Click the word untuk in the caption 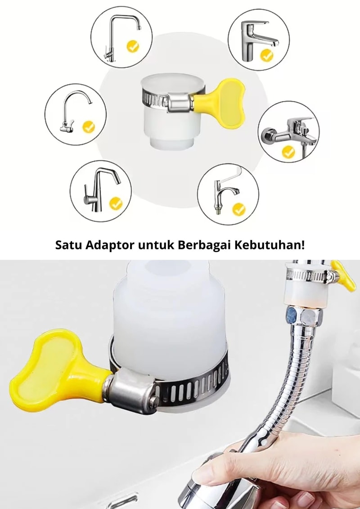point(156,245)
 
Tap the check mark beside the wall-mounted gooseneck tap point(89,126)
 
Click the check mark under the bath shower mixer point(288,152)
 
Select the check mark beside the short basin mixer point(266,55)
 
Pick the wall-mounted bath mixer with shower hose point(289,132)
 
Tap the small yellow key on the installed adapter point(344,275)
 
